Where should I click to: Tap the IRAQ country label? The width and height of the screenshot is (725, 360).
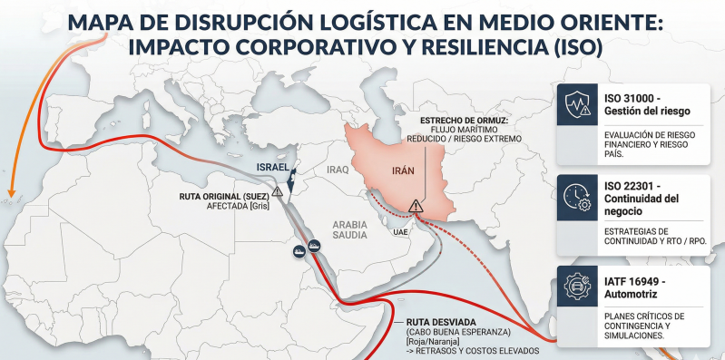338,169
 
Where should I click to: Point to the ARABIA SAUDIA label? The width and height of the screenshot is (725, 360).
350,229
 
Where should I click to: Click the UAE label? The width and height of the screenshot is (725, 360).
400,232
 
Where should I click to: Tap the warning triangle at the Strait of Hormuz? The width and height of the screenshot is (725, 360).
416,206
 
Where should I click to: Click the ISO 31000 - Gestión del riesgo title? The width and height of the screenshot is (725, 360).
647,103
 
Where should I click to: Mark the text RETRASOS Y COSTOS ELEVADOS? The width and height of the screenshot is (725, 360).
477,351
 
